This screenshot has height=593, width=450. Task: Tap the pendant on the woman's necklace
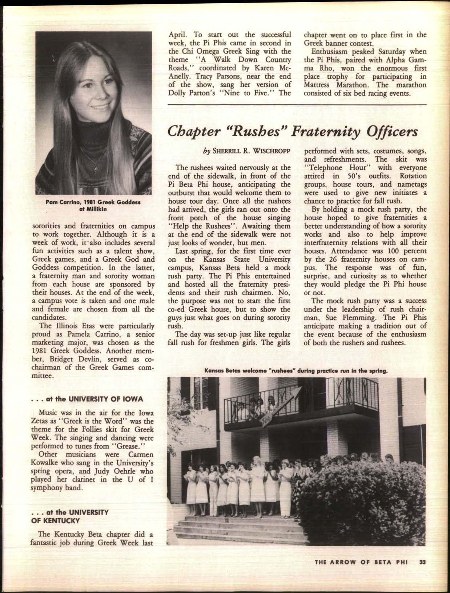coord(96,168)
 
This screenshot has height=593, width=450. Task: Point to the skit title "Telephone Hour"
coord(333,168)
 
